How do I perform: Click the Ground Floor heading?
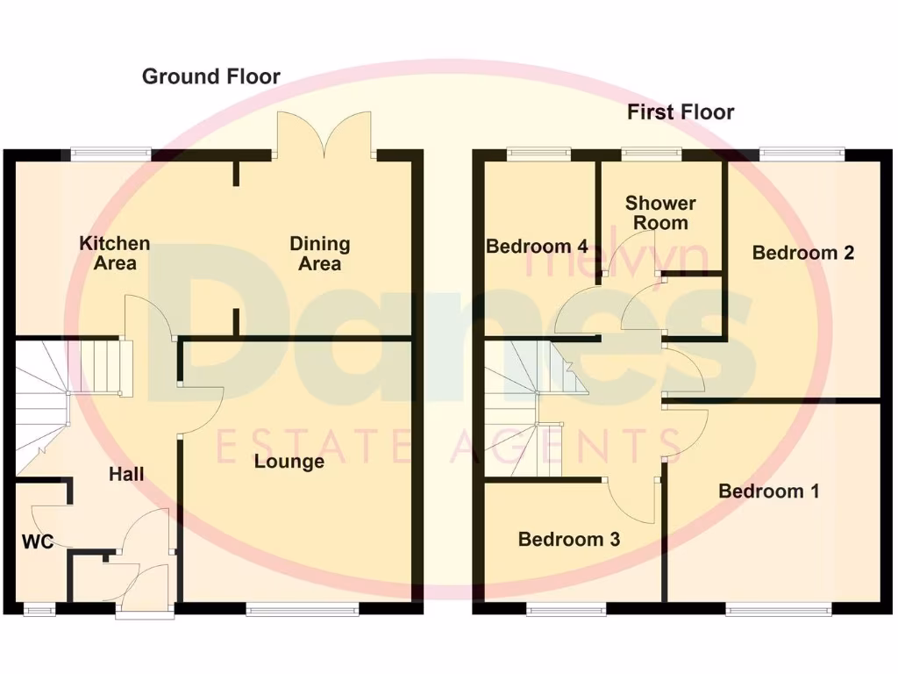211,77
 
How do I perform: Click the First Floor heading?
681,112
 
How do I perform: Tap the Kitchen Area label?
115,253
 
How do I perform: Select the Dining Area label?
320,253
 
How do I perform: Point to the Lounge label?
289,462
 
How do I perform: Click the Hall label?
126,474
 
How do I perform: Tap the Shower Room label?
660,212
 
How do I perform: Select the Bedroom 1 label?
769,491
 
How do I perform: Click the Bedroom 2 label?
803,253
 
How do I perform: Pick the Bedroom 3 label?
569,539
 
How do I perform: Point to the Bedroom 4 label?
537,247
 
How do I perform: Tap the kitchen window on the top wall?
110,154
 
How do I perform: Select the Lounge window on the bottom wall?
303,608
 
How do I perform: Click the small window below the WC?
37,608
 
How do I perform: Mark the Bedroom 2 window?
802,154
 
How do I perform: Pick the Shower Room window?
652,154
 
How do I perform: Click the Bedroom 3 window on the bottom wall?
567,608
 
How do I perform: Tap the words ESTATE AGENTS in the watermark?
447,447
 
